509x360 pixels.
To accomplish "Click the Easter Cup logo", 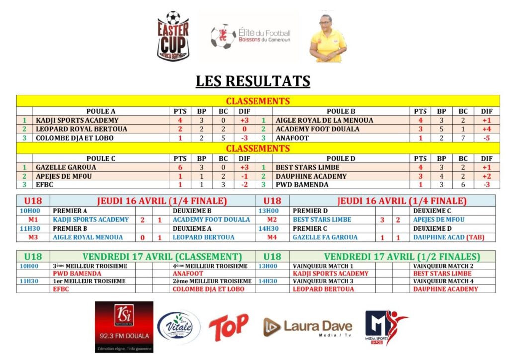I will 172,36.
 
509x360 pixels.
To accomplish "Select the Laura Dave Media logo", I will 308,327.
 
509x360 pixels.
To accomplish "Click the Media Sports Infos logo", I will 386,327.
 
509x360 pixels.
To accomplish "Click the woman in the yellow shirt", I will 328,39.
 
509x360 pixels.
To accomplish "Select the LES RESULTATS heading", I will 253,81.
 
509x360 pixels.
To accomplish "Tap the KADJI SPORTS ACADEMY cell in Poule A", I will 77,120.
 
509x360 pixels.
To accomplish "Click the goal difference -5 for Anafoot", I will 486,138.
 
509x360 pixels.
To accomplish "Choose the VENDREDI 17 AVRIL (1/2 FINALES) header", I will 402,257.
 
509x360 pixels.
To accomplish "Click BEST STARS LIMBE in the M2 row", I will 322,220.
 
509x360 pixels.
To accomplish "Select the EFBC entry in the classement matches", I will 61,289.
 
